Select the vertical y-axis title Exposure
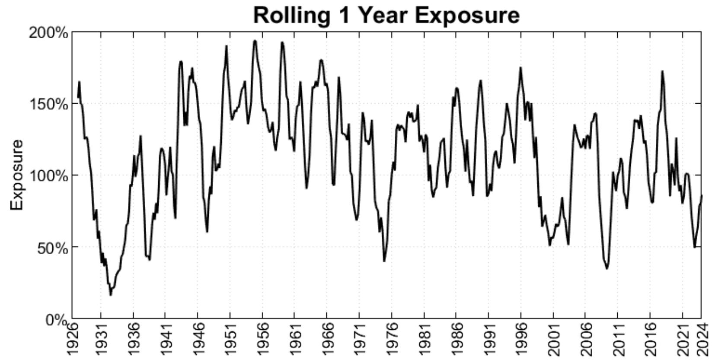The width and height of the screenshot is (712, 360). click(17, 175)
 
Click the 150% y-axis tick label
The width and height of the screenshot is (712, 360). click(48, 104)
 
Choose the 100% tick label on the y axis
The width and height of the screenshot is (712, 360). click(48, 176)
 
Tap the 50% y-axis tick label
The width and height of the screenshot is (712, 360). click(51, 248)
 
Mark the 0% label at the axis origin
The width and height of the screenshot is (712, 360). click(56, 320)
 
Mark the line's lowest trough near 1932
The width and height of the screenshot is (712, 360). click(111, 295)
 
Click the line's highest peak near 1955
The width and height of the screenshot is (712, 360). click(255, 41)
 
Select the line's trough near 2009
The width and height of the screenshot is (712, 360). click(607, 268)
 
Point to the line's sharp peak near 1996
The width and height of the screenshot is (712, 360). click(520, 68)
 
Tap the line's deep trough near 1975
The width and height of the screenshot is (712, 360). click(384, 261)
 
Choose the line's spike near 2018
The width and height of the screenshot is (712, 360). click(662, 71)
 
